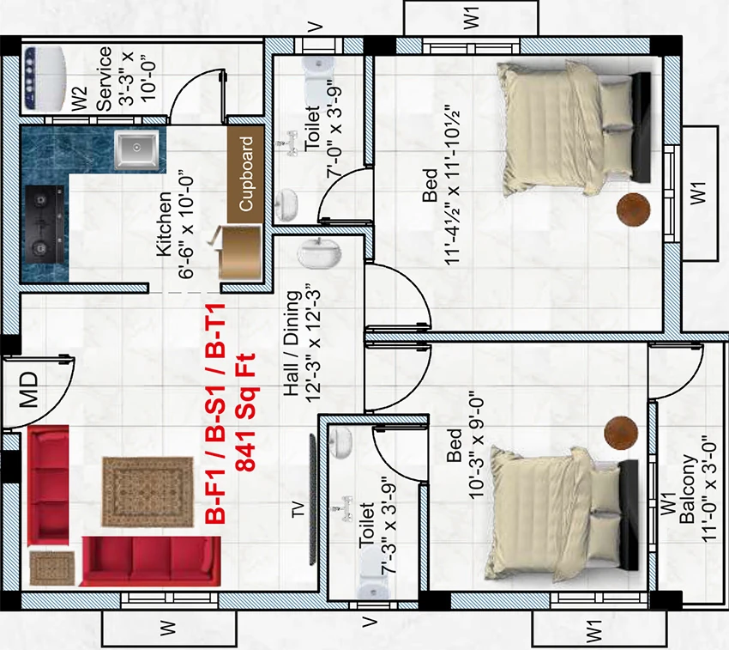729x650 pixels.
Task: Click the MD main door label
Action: pyautogui.click(x=30, y=389)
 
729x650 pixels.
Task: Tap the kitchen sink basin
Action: pyautogui.click(x=136, y=149)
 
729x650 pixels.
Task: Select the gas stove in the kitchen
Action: pyautogui.click(x=45, y=224)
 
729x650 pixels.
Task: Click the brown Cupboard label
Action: pyautogui.click(x=245, y=173)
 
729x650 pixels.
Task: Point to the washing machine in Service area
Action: pyautogui.click(x=44, y=78)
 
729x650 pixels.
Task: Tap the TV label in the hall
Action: pyautogui.click(x=298, y=509)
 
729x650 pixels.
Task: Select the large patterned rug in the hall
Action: pyautogui.click(x=148, y=492)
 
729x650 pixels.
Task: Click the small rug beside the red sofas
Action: pyautogui.click(x=52, y=568)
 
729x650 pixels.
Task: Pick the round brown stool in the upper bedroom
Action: pyautogui.click(x=633, y=210)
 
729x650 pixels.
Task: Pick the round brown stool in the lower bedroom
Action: pyautogui.click(x=621, y=434)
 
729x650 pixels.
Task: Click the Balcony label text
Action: pyautogui.click(x=688, y=489)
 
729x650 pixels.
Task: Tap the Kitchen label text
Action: pyautogui.click(x=164, y=223)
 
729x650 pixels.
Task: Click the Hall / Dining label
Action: pyautogui.click(x=292, y=343)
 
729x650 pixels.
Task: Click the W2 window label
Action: pyautogui.click(x=80, y=99)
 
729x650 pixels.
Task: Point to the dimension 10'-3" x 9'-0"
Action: pyautogui.click(x=477, y=448)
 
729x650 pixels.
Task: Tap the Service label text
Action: pyautogui.click(x=104, y=79)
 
